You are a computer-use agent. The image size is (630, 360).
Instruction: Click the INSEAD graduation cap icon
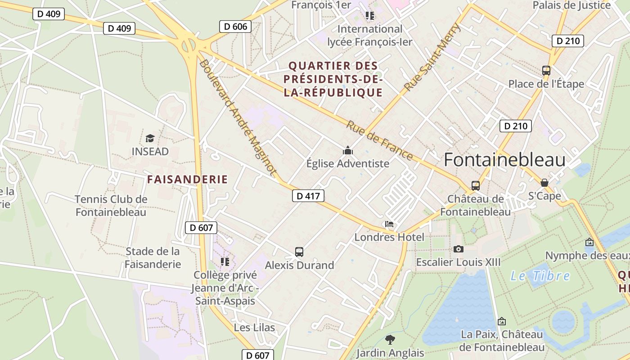[150, 138]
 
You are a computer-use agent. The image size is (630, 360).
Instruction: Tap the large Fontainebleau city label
[504, 160]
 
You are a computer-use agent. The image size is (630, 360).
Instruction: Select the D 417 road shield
[308, 196]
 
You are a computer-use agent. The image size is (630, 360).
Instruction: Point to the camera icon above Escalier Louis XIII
[458, 249]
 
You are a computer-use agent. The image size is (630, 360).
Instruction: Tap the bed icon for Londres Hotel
[389, 224]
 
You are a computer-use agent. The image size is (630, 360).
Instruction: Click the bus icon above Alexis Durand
[299, 252]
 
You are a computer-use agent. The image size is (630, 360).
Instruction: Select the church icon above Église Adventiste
[347, 150]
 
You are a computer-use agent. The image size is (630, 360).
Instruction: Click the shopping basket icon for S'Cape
[544, 183]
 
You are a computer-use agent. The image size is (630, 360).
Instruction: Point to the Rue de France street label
[379, 140]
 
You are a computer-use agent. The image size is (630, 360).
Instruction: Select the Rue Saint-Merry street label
[432, 57]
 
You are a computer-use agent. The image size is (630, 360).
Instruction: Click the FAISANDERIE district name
[188, 180]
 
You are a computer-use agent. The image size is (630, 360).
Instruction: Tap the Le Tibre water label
[540, 276]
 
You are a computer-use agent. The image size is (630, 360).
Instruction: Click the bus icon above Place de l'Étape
[546, 71]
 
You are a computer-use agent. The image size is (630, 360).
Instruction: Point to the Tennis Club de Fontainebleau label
[111, 205]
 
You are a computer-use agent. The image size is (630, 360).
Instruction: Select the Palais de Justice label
[572, 5]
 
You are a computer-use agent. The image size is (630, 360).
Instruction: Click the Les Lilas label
[254, 327]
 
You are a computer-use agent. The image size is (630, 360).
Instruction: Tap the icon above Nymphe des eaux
[589, 242]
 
